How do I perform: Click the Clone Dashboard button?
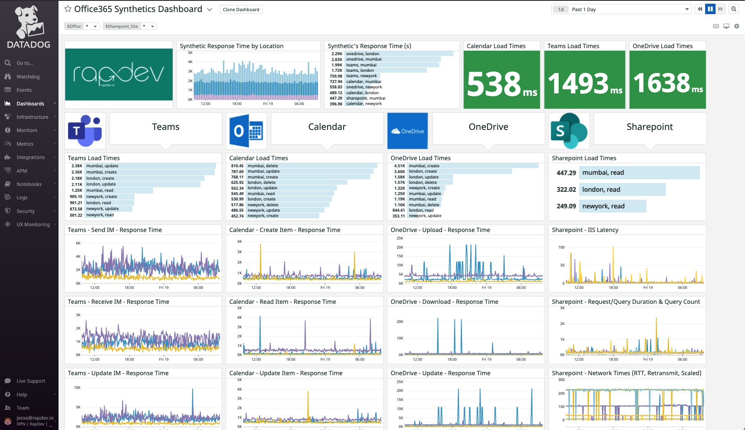[x=241, y=10]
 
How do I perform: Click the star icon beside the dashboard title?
[x=68, y=9]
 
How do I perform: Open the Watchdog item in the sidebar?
[x=28, y=77]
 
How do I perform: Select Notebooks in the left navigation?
[x=29, y=184]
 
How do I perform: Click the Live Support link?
[x=31, y=381]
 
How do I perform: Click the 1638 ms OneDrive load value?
[x=667, y=83]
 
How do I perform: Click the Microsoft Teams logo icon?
[x=85, y=131]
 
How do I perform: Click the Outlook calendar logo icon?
[x=247, y=131]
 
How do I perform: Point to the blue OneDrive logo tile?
[x=408, y=131]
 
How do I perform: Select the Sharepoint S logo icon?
[x=569, y=131]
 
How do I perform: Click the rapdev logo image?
[x=119, y=75]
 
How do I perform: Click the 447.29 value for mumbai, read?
[x=566, y=173]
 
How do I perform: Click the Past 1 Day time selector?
[x=620, y=10]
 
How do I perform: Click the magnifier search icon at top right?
[x=734, y=9]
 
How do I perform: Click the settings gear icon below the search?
[x=737, y=26]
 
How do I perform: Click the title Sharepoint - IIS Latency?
[x=585, y=230]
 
